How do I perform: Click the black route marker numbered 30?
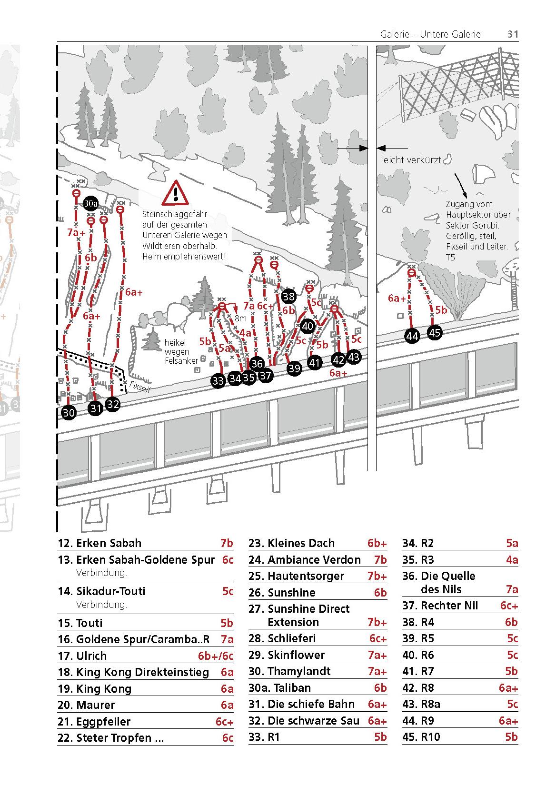(69, 412)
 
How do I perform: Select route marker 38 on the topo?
(288, 297)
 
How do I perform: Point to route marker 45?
(435, 332)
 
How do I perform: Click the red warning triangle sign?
(176, 193)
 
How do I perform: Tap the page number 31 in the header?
(512, 34)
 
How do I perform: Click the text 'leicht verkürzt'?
(412, 160)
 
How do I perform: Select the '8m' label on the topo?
(240, 318)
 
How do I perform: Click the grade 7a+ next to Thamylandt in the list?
(377, 671)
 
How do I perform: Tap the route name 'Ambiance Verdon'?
(314, 560)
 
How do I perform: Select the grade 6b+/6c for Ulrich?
(216, 656)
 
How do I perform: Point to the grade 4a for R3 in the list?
(512, 560)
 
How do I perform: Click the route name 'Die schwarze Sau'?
(313, 721)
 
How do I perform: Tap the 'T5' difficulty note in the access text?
(450, 258)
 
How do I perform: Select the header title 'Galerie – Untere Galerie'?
(430, 34)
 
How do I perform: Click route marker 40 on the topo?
(308, 326)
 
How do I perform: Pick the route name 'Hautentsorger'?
(306, 576)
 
